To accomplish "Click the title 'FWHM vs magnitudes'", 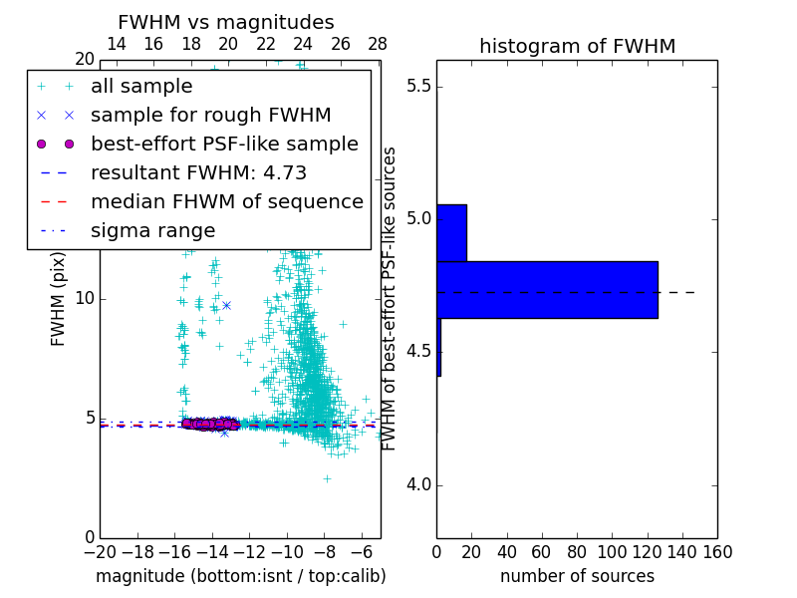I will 225,23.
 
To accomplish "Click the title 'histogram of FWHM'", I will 577,46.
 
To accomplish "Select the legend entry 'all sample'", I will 141,87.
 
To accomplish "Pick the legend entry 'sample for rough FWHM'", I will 210,116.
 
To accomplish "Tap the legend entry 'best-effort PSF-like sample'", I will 224,145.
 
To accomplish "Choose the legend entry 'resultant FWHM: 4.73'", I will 198,173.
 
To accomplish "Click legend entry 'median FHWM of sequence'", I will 226,202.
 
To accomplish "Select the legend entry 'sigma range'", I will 152,231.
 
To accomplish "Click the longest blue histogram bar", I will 547,290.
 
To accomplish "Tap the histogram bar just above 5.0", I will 451,233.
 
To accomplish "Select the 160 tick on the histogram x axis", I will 717,551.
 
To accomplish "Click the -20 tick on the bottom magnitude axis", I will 100,551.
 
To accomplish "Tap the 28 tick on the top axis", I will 378,44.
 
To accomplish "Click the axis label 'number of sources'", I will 577,576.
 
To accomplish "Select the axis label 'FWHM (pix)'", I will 59,298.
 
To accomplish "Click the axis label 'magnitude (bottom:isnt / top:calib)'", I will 240,576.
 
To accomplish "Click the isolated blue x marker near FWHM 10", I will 226,305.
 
